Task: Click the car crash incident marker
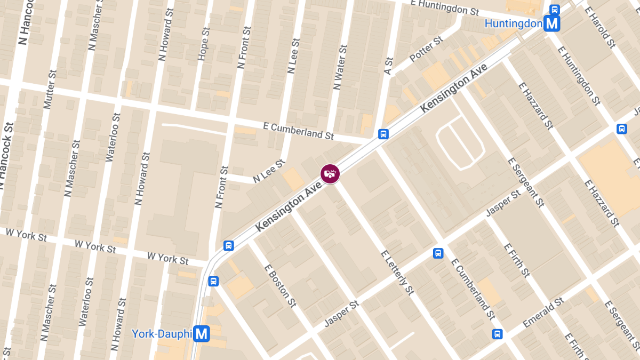pos(330,173)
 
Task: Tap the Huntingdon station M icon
pos(551,23)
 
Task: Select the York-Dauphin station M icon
pos(202,334)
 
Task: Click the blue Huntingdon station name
pos(513,24)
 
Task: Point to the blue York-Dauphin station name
pos(162,334)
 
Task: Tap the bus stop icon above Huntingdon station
pos(555,9)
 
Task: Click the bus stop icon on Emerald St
pos(497,334)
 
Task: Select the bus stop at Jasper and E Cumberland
pos(438,253)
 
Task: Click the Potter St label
pos(426,49)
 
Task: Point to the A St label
pos(388,66)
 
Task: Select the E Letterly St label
pos(397,271)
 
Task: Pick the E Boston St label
pos(280,286)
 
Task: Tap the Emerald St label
pos(543,312)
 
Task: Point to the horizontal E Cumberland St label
pos(299,130)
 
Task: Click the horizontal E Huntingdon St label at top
pos(445,7)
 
